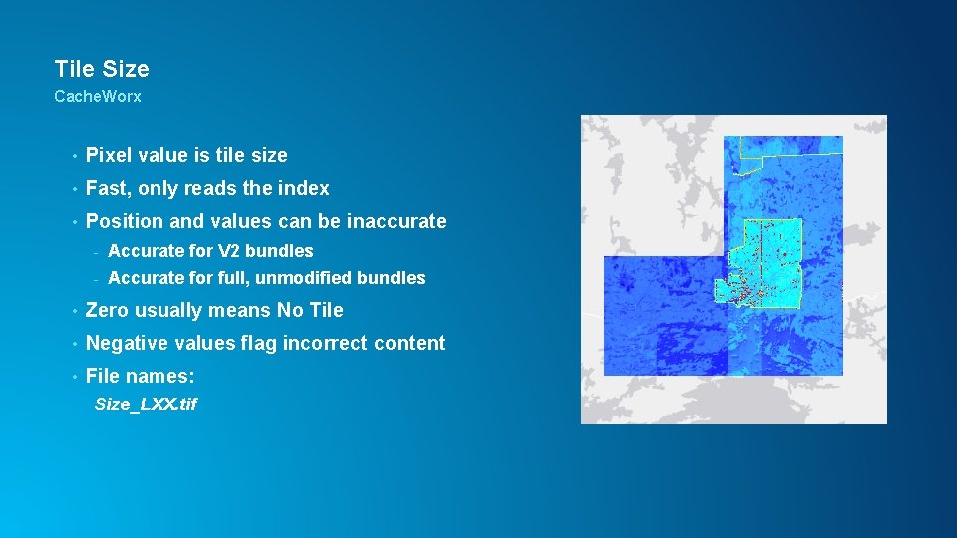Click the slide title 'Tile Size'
(x=102, y=69)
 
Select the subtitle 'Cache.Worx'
(x=98, y=97)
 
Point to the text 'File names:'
(x=141, y=376)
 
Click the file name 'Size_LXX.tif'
(x=146, y=404)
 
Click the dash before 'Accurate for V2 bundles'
(x=97, y=251)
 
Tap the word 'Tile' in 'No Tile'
(x=325, y=310)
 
